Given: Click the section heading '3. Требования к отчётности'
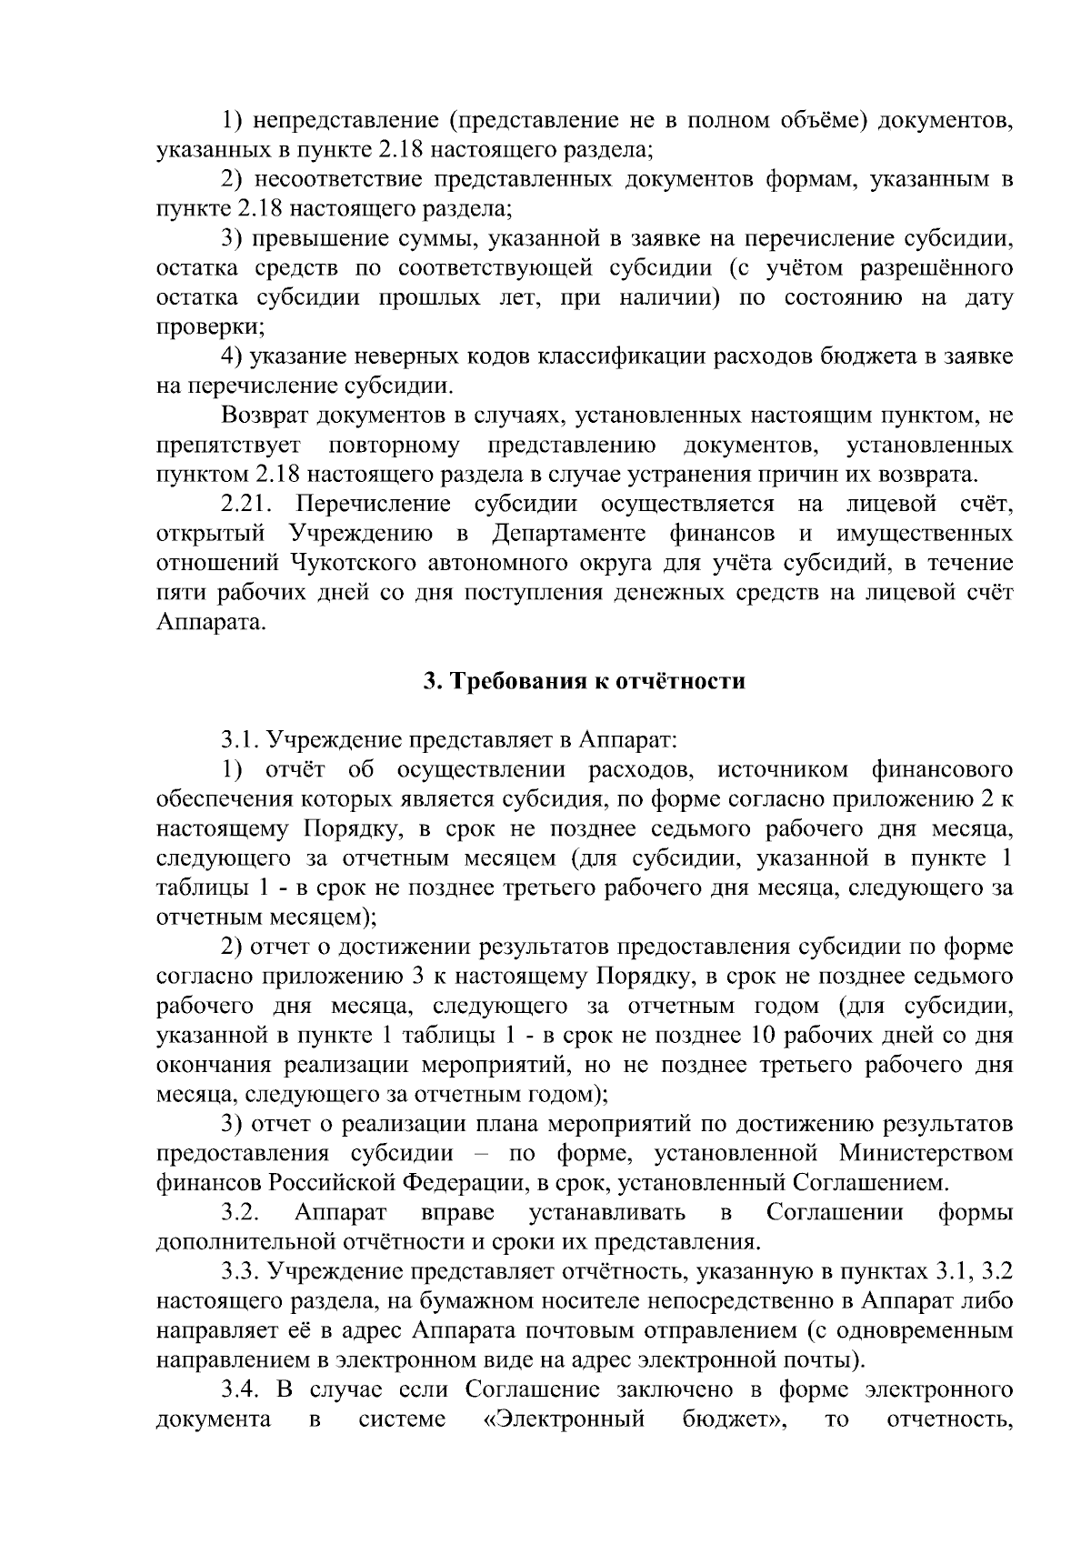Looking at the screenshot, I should (x=585, y=681).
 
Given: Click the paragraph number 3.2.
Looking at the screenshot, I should (x=242, y=1212).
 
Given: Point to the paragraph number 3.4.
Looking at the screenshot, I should (x=242, y=1389).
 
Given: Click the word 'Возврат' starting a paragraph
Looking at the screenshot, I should (x=265, y=416).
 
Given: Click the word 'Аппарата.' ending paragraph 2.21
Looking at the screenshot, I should (x=212, y=623).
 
